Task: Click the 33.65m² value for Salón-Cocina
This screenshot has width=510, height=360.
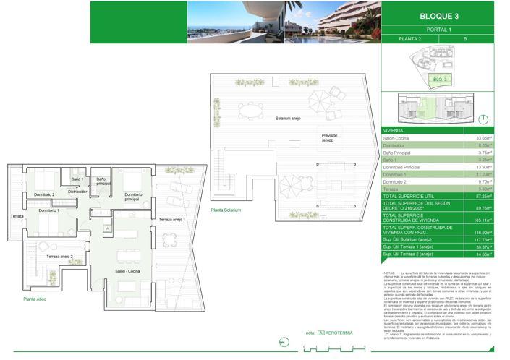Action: (483, 137)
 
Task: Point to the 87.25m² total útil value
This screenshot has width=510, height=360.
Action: (483, 196)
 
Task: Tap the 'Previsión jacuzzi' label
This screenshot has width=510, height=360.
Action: (330, 139)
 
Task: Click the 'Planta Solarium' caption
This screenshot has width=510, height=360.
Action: (226, 210)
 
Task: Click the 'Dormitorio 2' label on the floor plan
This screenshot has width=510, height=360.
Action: (43, 194)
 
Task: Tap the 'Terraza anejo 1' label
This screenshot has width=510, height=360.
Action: (173, 219)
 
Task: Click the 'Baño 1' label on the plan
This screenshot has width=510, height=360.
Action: (77, 179)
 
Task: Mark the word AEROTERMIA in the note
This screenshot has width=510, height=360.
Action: (341, 333)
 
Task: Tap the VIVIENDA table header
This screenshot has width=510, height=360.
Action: (395, 130)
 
